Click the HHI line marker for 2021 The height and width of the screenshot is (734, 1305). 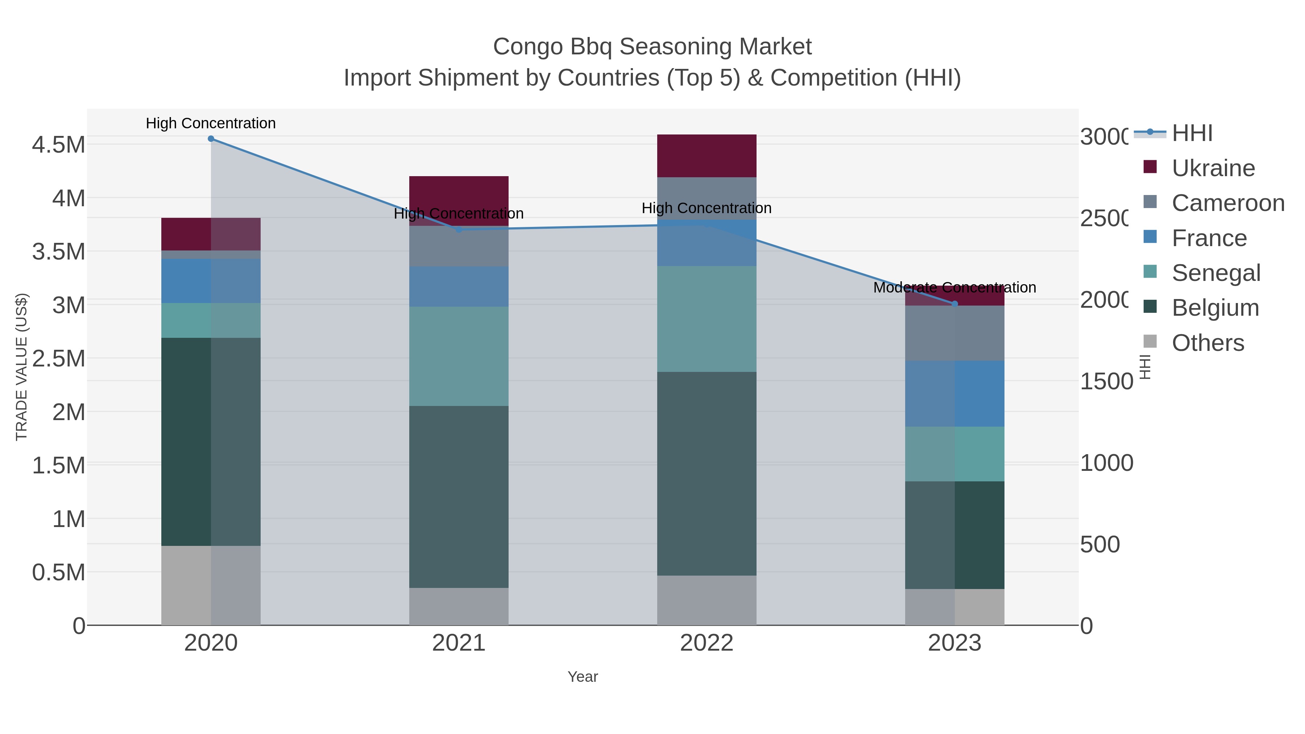(459, 229)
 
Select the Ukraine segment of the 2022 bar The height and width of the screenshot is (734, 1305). (707, 155)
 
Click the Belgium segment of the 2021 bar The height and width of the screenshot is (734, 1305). (459, 497)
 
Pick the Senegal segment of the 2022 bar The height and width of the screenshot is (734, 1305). (707, 319)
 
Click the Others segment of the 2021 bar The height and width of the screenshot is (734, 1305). (459, 606)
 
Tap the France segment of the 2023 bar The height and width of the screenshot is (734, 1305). (955, 394)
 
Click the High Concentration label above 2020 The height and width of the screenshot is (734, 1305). (211, 124)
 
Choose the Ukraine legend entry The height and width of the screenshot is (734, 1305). (1213, 168)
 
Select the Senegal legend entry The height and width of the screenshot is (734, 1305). (1216, 273)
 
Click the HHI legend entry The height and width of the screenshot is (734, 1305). (1192, 133)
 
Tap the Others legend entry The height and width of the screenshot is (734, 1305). (1208, 343)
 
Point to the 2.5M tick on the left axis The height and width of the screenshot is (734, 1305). (59, 358)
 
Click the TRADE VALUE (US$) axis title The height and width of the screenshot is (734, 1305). (22, 367)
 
